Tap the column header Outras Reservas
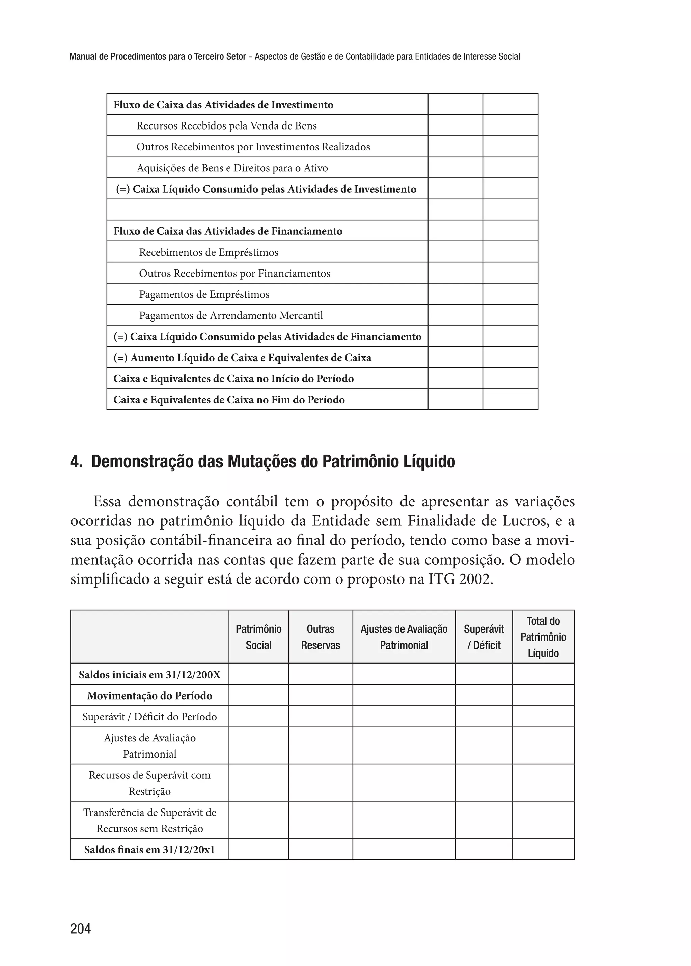point(321,637)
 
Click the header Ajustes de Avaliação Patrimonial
point(404,637)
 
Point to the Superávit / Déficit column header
point(484,637)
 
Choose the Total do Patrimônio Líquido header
point(543,637)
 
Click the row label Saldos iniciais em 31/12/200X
point(150,675)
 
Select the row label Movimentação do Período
point(150,696)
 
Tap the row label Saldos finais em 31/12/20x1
point(150,850)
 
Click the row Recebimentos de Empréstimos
point(209,252)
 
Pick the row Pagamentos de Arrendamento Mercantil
point(231,316)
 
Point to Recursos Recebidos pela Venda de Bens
point(226,126)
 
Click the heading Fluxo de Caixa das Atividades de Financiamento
point(228,231)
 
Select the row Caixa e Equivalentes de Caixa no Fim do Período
point(229,400)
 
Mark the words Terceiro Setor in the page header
point(220,57)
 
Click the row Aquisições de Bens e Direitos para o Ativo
point(232,168)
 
